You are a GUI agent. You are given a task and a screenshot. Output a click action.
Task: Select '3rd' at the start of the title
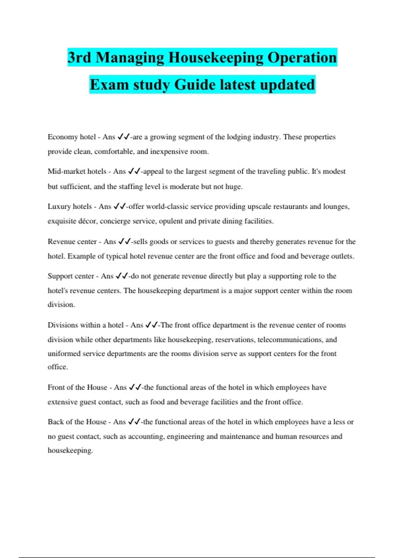[79, 58]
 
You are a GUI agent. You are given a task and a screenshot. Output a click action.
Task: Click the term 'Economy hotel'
[72, 137]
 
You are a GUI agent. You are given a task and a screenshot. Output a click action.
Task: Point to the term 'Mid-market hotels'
[77, 171]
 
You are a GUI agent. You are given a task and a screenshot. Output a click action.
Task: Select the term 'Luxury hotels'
[70, 206]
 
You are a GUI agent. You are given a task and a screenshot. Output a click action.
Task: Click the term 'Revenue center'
[72, 242]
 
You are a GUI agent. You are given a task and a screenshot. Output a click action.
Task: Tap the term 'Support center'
[71, 276]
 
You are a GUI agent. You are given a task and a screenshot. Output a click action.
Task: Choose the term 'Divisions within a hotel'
[86, 325]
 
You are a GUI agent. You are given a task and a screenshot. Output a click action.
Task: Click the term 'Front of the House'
[77, 387]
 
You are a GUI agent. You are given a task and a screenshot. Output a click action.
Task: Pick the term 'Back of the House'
[77, 422]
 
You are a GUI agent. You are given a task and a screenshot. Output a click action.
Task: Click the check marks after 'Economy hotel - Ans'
[123, 137]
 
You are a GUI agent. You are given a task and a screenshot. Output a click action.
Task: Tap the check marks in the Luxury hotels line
[120, 206]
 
